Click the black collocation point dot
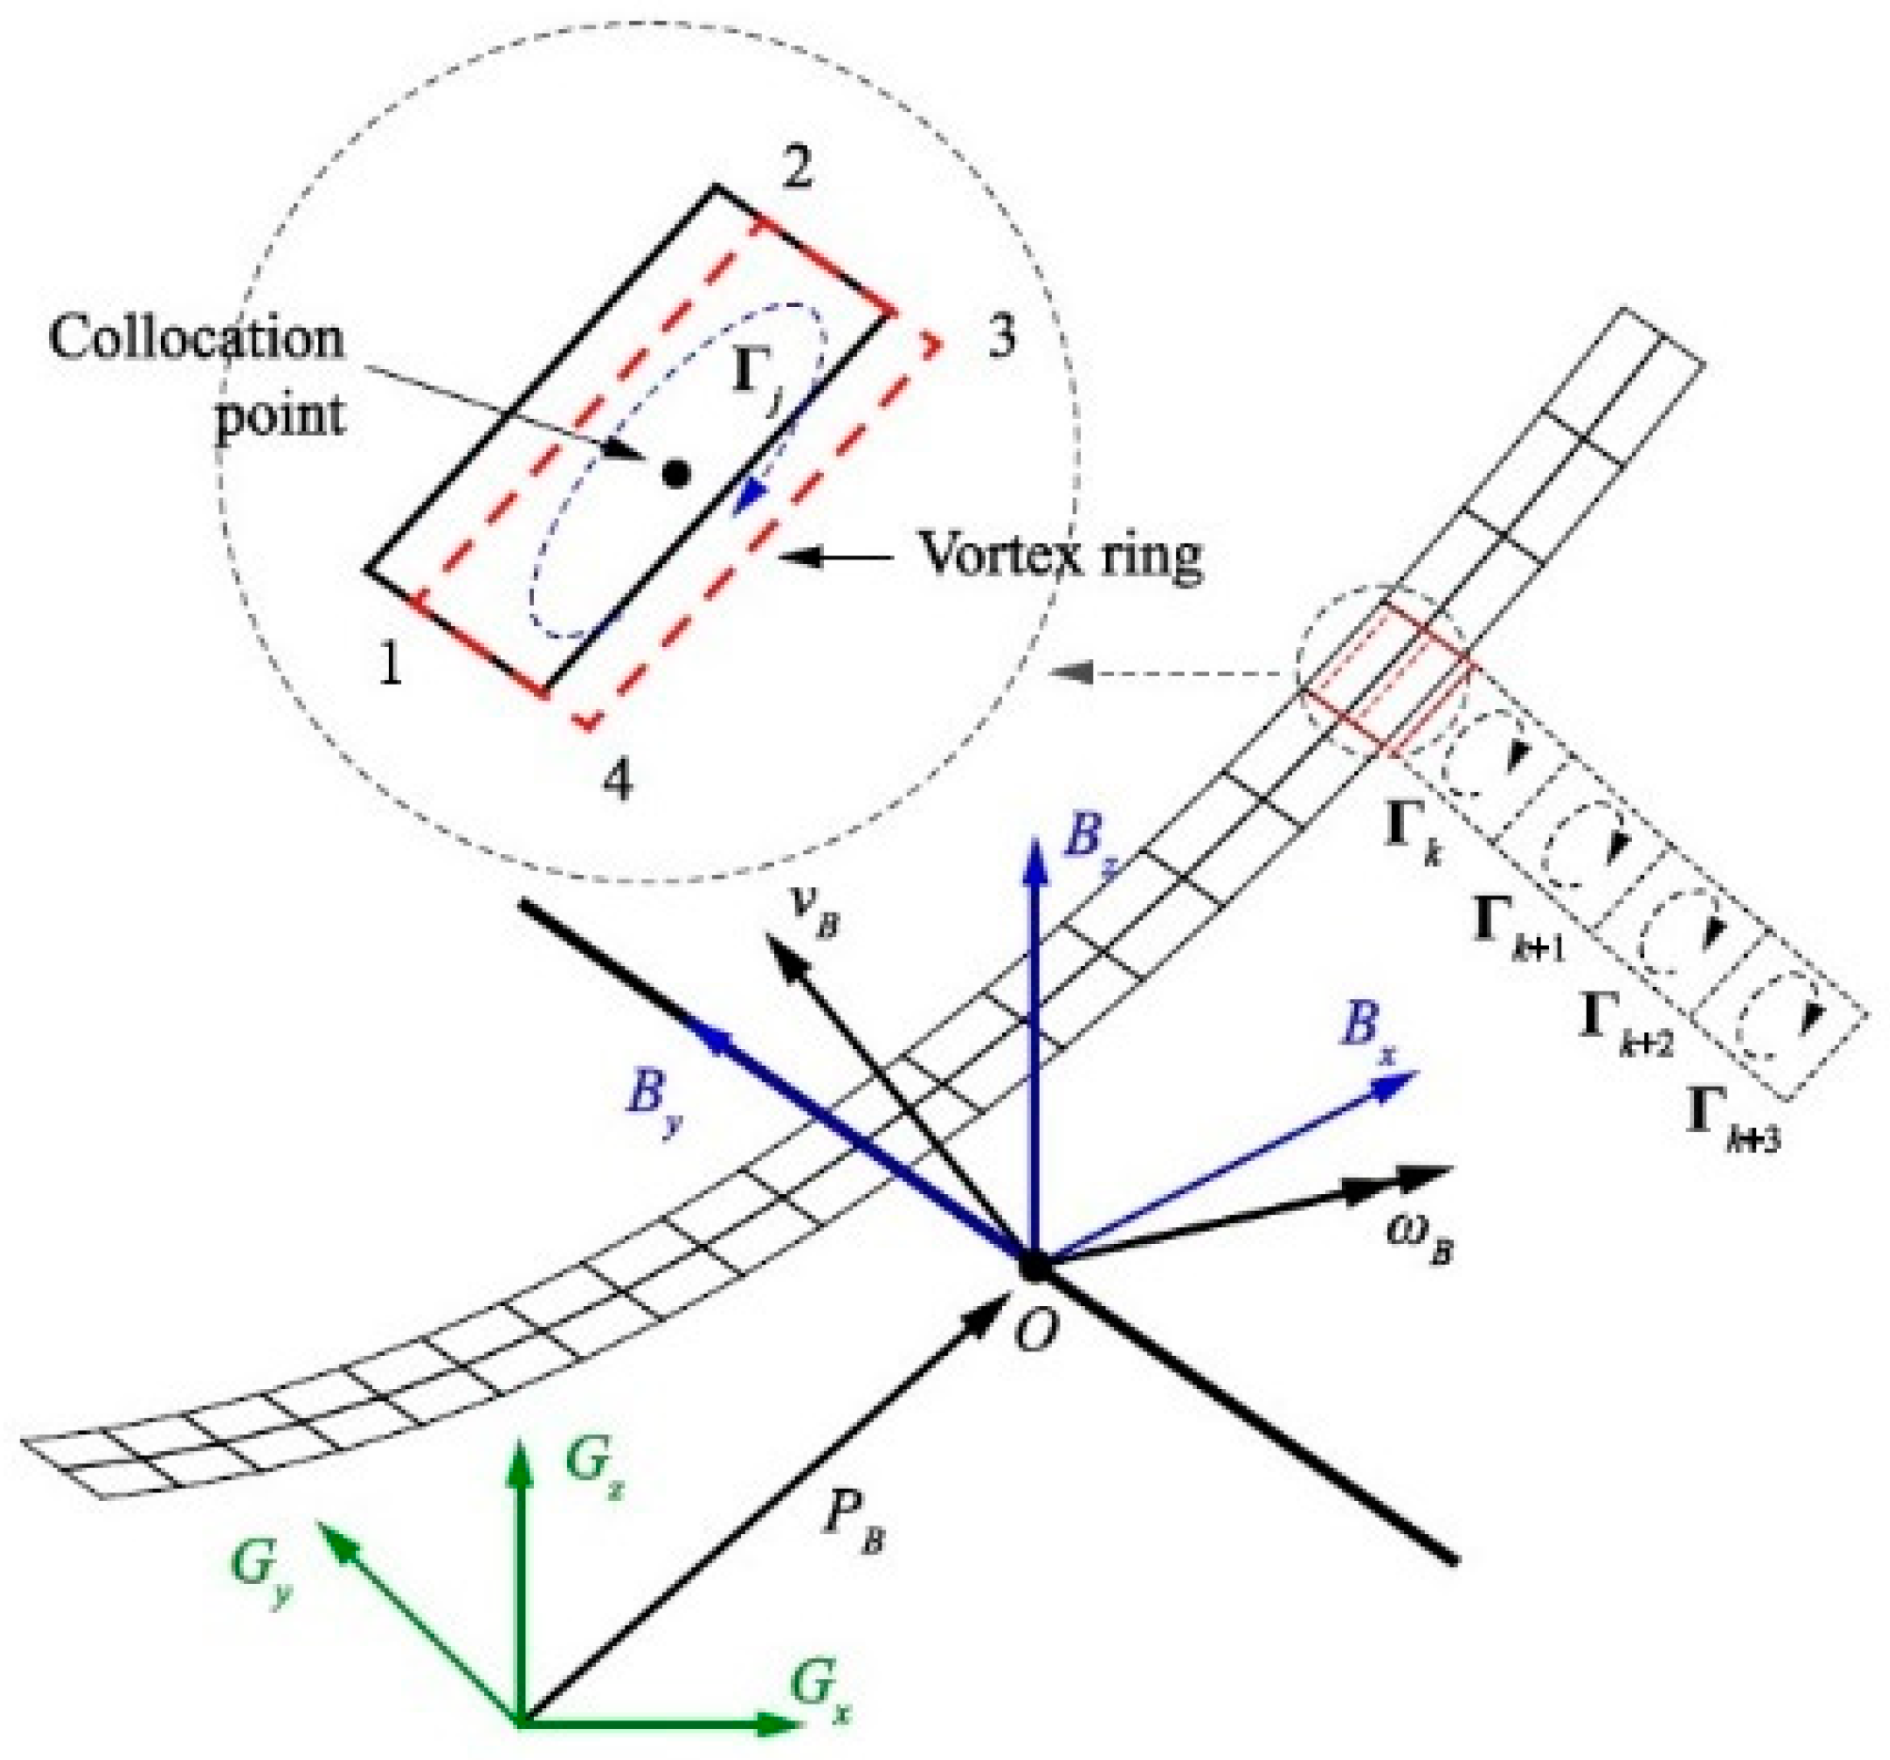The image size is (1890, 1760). click(x=675, y=473)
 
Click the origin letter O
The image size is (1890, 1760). click(x=1035, y=1333)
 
